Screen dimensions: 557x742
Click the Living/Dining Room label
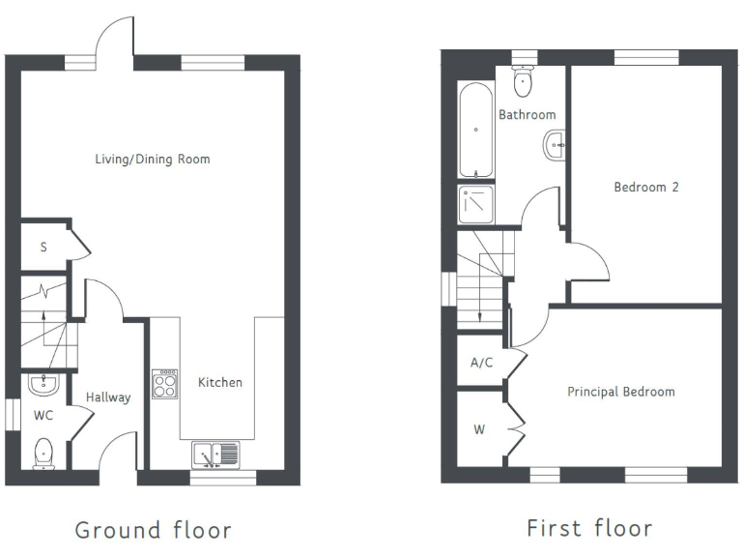click(152, 159)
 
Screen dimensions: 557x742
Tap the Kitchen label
click(220, 382)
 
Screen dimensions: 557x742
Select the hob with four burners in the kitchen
click(164, 383)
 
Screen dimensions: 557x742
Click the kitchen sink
click(214, 453)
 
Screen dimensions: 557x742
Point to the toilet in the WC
click(43, 452)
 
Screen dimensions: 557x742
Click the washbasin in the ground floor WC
click(43, 385)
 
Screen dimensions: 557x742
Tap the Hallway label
click(107, 396)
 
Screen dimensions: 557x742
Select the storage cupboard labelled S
click(43, 247)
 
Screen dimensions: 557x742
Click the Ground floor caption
click(153, 530)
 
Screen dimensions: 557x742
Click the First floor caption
click(588, 528)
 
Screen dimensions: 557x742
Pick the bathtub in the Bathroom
click(476, 131)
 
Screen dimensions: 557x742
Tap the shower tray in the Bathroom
click(476, 204)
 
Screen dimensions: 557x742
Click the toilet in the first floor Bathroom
click(523, 81)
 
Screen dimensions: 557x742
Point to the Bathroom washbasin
click(555, 146)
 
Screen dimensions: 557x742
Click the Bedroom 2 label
click(645, 187)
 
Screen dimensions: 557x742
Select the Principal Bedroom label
click(620, 392)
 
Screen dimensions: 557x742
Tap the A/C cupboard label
click(480, 364)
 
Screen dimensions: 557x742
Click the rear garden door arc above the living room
click(115, 37)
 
